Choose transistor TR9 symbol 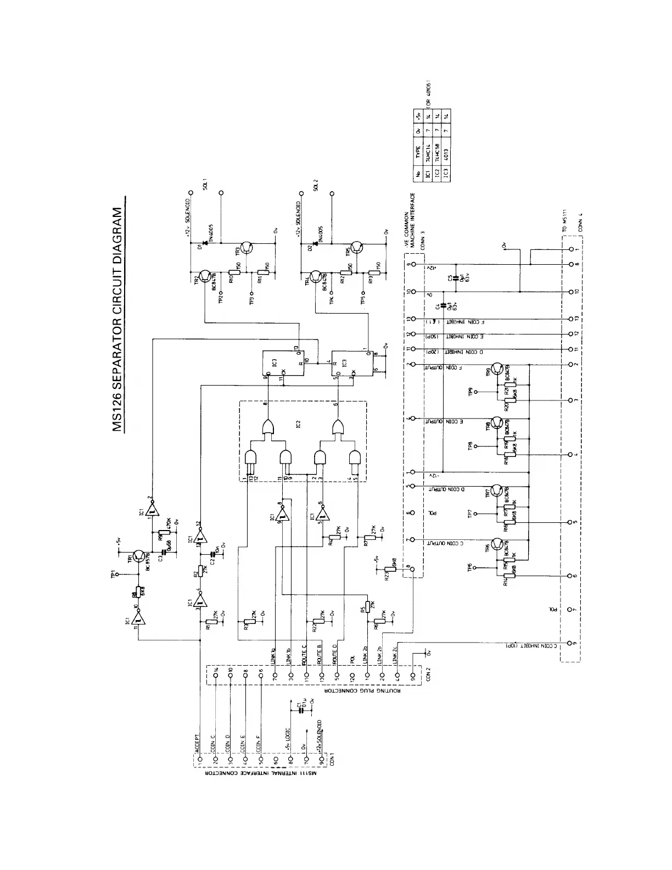click(497, 369)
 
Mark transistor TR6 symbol click(497, 544)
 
